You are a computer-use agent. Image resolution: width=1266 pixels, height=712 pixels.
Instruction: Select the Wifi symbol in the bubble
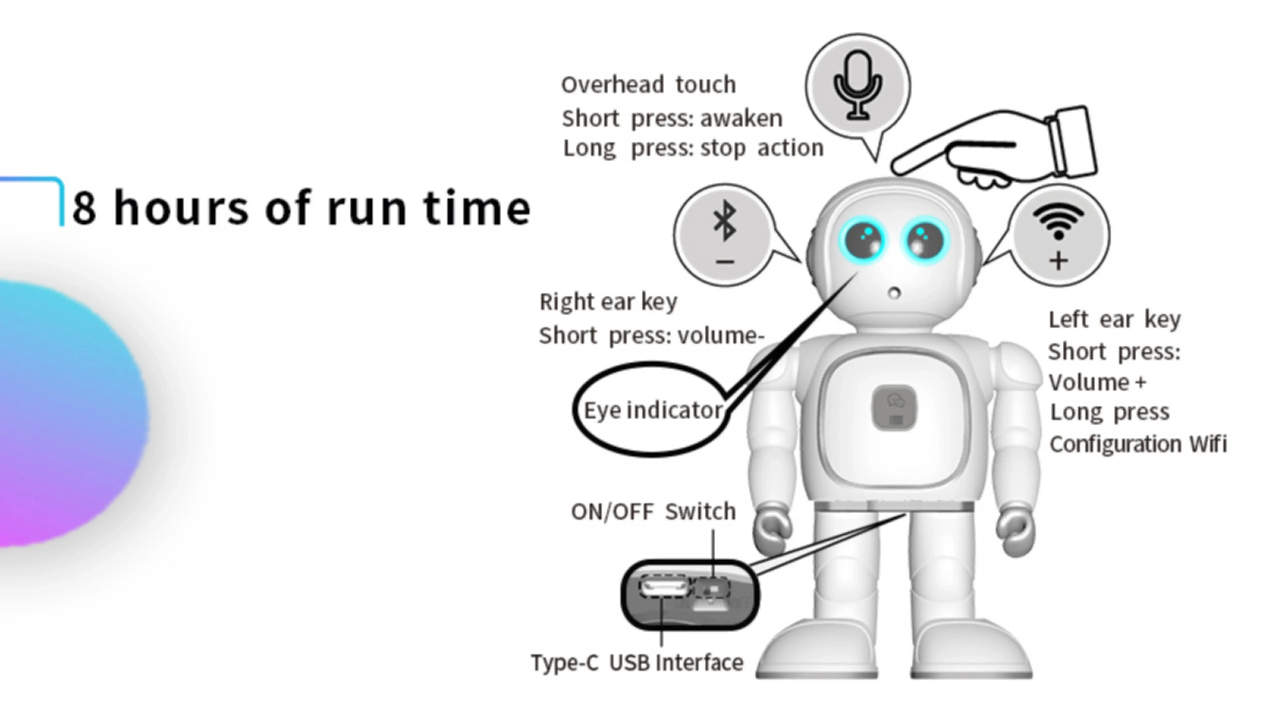tap(1058, 221)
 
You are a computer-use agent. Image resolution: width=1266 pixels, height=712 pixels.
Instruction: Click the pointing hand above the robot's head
tap(993, 147)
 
